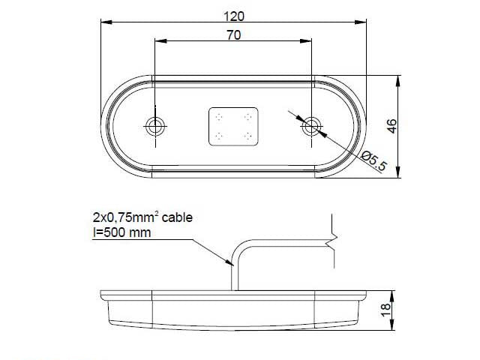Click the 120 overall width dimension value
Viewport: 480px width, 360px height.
click(x=234, y=16)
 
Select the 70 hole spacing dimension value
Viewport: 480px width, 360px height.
click(x=233, y=35)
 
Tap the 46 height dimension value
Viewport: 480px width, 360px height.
click(x=391, y=126)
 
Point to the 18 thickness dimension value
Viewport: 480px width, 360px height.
click(x=386, y=310)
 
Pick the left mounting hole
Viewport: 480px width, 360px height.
click(x=155, y=126)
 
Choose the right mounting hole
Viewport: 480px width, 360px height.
click(x=312, y=126)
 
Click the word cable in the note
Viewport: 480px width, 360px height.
click(x=177, y=217)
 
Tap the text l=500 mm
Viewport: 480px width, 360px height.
click(x=121, y=232)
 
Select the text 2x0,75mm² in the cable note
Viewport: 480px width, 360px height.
click(x=126, y=217)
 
